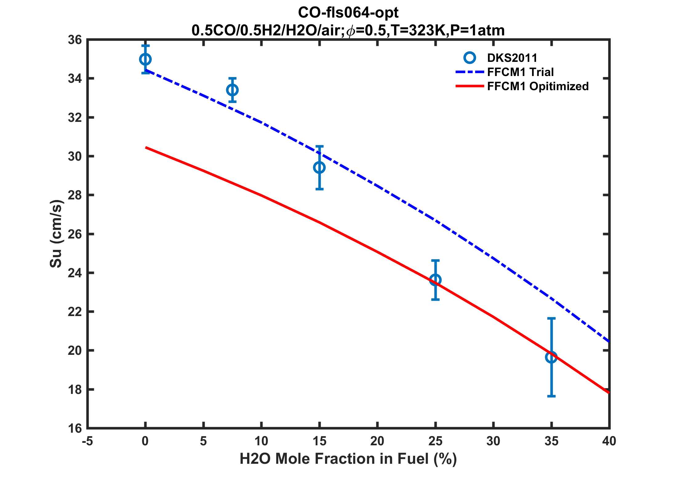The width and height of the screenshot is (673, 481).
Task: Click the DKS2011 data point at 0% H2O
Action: [x=145, y=59]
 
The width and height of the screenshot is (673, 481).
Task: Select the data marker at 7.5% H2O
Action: [x=232, y=90]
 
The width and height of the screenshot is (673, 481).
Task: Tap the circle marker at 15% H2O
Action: [x=319, y=167]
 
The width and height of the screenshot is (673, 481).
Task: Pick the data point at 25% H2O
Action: [x=435, y=280]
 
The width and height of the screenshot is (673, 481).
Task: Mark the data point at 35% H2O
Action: [x=551, y=357]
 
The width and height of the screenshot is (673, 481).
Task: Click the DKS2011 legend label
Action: [x=512, y=58]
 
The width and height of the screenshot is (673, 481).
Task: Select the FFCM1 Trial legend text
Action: [x=520, y=72]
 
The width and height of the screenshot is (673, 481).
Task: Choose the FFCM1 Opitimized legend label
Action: [x=538, y=86]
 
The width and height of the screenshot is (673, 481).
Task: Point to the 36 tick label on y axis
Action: [x=74, y=40]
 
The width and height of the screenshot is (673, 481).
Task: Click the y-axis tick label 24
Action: [x=74, y=273]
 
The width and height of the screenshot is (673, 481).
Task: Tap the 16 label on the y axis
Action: [x=74, y=428]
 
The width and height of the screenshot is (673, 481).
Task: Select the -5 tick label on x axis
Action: [x=87, y=441]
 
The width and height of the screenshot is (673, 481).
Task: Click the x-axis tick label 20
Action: [x=377, y=441]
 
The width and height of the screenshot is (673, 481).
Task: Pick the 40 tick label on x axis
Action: [x=609, y=441]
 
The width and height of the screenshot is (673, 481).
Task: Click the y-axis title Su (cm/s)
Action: [x=56, y=234]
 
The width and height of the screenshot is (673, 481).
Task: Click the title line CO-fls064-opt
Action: [x=348, y=13]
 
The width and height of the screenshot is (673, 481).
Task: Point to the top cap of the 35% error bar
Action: [x=551, y=319]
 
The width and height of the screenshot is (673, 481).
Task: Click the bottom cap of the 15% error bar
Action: [x=319, y=189]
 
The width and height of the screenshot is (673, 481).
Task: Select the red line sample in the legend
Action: [x=470, y=86]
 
